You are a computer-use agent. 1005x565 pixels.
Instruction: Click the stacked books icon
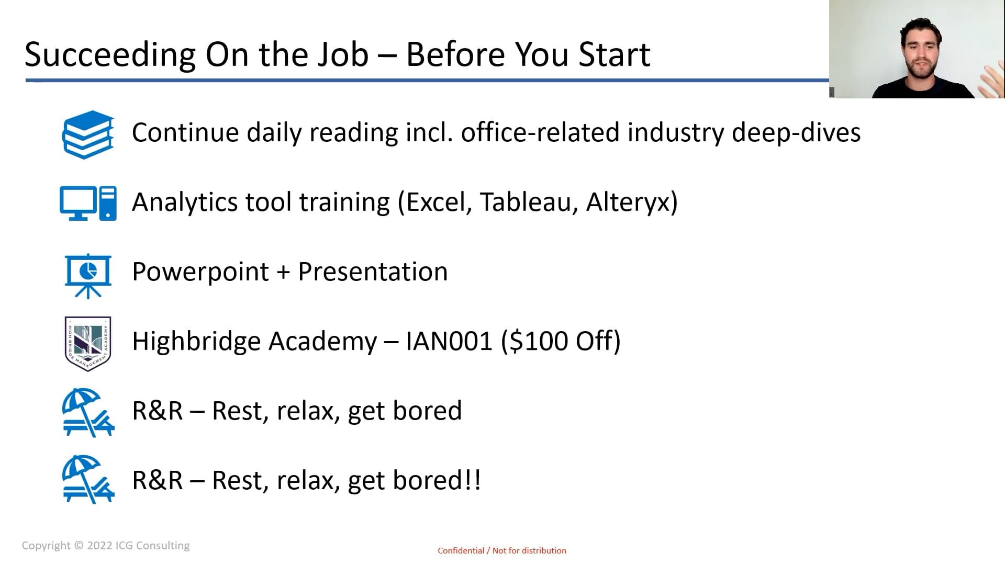(88, 134)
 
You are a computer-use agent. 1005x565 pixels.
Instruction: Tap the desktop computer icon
(88, 204)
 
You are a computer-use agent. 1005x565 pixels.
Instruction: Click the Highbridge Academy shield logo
(88, 344)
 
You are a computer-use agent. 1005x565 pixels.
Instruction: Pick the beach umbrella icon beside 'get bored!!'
(88, 479)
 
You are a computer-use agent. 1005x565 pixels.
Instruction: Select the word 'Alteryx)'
(632, 203)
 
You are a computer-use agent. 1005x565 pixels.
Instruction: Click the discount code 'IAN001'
(449, 342)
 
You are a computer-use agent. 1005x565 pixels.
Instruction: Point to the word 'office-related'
(540, 132)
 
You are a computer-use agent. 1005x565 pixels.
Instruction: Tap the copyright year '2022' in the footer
(99, 546)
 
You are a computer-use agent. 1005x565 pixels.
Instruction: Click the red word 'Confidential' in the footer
(461, 550)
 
